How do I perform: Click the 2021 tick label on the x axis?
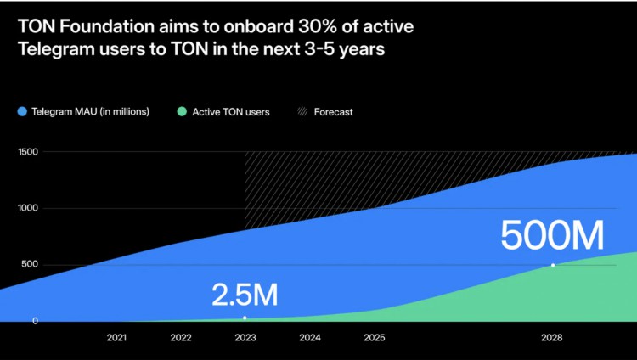(117, 338)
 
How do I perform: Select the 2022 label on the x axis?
(181, 338)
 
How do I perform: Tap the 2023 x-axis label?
(245, 338)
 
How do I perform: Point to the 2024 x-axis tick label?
(310, 338)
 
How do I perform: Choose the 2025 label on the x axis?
(374, 338)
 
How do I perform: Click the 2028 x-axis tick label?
(552, 338)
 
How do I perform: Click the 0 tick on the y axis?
(36, 321)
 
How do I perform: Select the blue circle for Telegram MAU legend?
(22, 112)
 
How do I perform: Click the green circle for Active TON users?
(182, 112)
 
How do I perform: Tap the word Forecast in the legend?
(333, 112)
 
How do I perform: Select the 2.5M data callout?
(245, 295)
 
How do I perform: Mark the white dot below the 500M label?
(553, 266)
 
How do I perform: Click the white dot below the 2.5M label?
(245, 318)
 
